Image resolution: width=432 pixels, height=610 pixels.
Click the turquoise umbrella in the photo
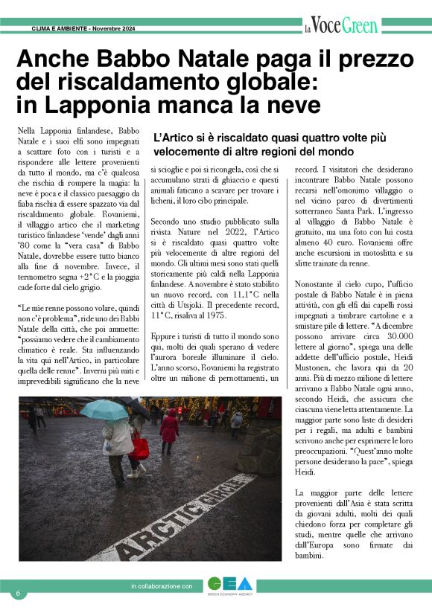[x=104, y=409]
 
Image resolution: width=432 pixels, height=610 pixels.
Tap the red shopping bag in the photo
[x=140, y=447]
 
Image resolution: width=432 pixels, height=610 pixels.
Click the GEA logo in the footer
[x=229, y=585]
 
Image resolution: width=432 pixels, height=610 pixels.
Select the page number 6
[x=17, y=593]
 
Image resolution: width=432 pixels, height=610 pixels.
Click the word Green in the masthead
[x=360, y=27]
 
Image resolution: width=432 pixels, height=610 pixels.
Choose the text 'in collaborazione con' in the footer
[x=161, y=586]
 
